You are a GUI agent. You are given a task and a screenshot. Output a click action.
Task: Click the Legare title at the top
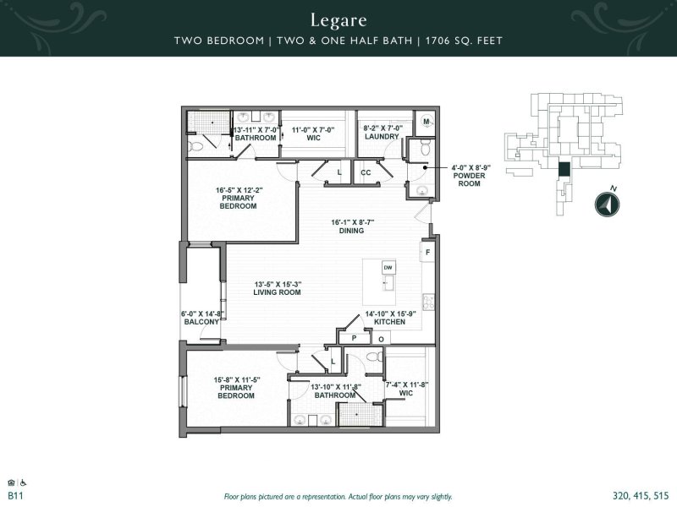pos(338,19)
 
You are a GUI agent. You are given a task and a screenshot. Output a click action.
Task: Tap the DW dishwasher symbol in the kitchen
pos(388,268)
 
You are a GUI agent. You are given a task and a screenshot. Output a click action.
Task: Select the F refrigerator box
pos(428,253)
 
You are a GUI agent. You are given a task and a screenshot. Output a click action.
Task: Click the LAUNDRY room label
pos(381,137)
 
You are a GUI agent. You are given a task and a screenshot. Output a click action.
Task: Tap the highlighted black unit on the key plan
pos(564,168)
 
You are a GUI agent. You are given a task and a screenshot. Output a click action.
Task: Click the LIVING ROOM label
pos(277,292)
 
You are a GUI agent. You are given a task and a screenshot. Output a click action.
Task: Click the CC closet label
pos(366,172)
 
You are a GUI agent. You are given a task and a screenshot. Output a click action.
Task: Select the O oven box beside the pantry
pos(380,339)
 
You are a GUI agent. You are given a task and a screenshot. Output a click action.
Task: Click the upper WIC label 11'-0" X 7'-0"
pos(313,133)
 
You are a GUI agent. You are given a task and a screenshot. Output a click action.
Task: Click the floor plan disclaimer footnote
pos(338,497)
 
